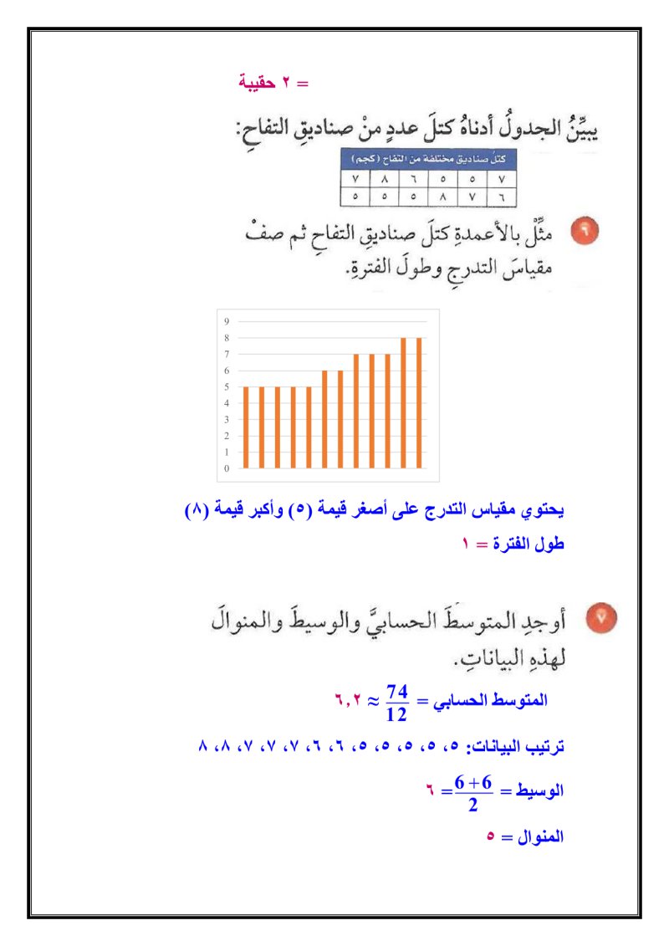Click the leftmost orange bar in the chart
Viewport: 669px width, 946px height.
click(x=246, y=427)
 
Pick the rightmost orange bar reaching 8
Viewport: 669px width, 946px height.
click(x=419, y=402)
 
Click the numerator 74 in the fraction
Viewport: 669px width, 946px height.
click(x=397, y=692)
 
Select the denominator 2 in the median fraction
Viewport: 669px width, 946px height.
click(x=473, y=805)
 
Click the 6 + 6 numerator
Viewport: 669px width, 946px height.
click(x=473, y=782)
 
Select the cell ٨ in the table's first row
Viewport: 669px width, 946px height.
click(x=384, y=178)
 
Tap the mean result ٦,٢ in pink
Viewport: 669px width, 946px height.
click(x=348, y=699)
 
